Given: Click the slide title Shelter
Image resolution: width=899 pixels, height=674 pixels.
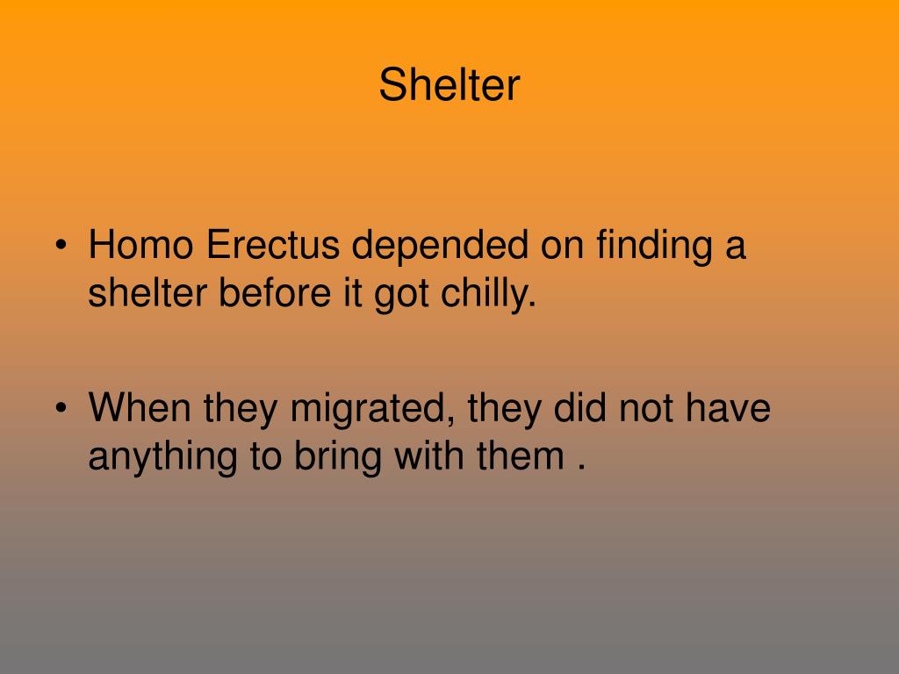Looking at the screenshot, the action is coord(449,85).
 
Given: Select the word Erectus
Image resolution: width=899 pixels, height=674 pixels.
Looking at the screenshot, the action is coord(273,245).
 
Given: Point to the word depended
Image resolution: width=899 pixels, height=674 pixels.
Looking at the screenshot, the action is coord(440,245).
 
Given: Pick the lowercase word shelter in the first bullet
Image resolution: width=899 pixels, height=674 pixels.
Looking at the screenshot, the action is coord(147,293).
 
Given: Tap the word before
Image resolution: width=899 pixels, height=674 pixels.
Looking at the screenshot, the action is coord(275,293).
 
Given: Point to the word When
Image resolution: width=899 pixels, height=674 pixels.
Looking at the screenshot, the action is coord(140,407).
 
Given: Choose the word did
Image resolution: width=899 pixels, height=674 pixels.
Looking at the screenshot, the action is coord(579,407).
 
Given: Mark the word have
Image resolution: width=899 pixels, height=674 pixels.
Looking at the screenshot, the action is coord(728,407).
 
